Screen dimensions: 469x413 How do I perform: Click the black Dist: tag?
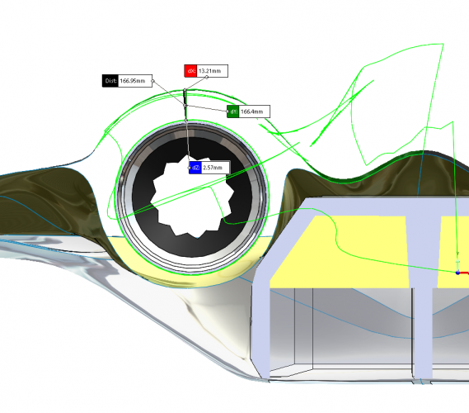[x=110, y=81]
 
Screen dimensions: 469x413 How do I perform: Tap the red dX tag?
[x=190, y=71]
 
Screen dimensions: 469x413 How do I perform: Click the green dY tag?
[x=233, y=112]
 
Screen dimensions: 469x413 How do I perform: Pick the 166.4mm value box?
[x=254, y=112]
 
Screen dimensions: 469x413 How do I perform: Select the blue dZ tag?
[x=195, y=168]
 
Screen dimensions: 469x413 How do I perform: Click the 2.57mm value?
[x=215, y=168]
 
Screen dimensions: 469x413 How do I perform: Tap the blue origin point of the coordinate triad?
[x=457, y=273]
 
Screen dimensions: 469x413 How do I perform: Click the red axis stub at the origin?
[x=464, y=273]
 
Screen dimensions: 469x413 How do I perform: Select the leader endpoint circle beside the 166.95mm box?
[x=152, y=81]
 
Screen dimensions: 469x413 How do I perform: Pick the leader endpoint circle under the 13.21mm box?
[x=207, y=78]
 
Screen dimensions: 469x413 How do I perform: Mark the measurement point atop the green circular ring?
[x=185, y=121]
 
